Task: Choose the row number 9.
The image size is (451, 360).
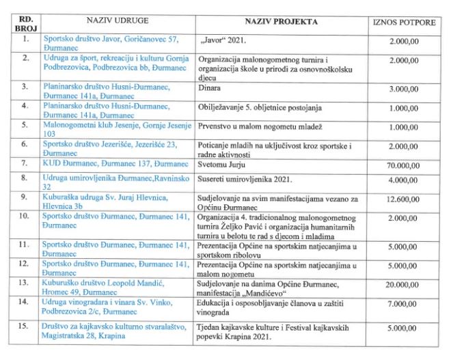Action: pos(26,195)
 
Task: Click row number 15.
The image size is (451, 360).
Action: pos(26,328)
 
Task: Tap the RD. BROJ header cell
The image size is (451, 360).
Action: pos(26,23)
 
